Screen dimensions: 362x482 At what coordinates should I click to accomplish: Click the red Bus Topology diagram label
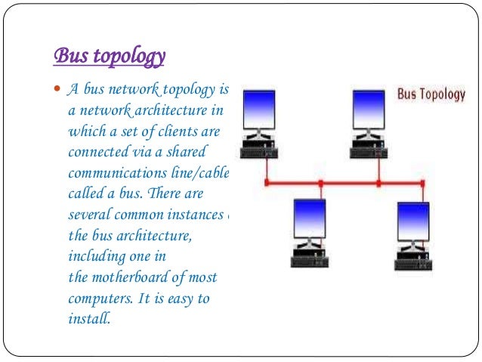[431, 94]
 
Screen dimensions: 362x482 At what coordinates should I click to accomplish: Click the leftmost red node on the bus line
[266, 183]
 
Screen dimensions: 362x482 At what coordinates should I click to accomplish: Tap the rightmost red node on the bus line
[422, 183]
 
